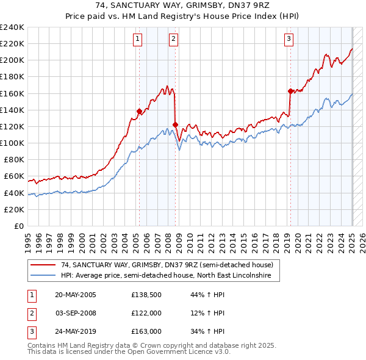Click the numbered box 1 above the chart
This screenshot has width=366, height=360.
[138, 39]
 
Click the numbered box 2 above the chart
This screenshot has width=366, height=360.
[173, 39]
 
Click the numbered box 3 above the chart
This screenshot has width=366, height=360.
[289, 39]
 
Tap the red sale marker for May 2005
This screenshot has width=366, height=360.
[139, 112]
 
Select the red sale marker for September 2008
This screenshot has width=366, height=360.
[176, 125]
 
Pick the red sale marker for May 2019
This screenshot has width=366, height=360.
[290, 91]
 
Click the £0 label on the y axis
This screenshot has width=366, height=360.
[18, 226]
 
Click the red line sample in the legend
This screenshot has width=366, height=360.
[43, 265]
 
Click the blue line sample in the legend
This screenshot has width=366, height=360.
[43, 276]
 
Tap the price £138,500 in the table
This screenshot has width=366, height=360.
[145, 295]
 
